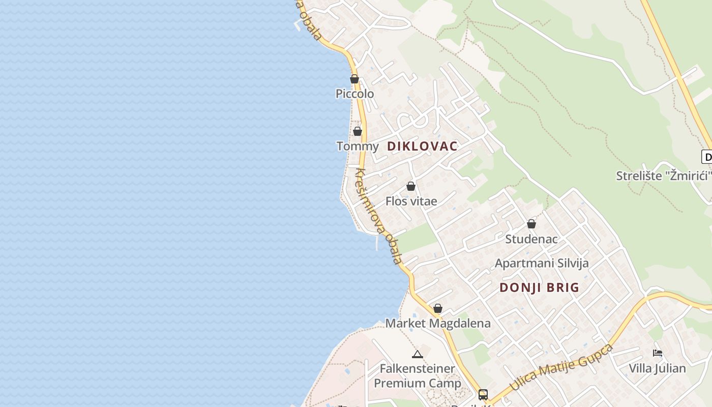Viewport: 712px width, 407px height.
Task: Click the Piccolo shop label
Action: click(354, 94)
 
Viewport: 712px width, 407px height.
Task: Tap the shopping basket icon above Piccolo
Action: click(354, 79)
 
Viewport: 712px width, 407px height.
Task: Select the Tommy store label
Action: click(358, 147)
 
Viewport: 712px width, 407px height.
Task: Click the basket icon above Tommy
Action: click(358, 131)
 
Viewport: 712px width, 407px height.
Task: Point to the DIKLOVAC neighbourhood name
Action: click(422, 147)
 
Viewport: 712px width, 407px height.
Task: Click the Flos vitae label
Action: click(411, 201)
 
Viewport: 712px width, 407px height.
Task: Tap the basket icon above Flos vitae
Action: click(411, 186)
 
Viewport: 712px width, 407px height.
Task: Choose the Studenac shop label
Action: click(531, 239)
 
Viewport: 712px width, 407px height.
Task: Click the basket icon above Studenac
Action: click(531, 224)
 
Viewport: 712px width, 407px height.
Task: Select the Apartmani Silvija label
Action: click(542, 263)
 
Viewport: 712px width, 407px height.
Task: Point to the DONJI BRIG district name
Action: click(539, 287)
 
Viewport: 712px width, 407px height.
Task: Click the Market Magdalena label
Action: click(438, 323)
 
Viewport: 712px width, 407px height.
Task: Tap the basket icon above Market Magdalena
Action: click(438, 308)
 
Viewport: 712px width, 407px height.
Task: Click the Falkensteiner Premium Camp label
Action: click(418, 376)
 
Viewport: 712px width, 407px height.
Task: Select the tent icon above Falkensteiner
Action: click(418, 354)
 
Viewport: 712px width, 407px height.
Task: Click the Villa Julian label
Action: click(657, 368)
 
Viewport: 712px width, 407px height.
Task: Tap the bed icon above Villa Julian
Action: click(657, 353)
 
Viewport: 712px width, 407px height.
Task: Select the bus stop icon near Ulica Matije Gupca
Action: click(483, 394)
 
